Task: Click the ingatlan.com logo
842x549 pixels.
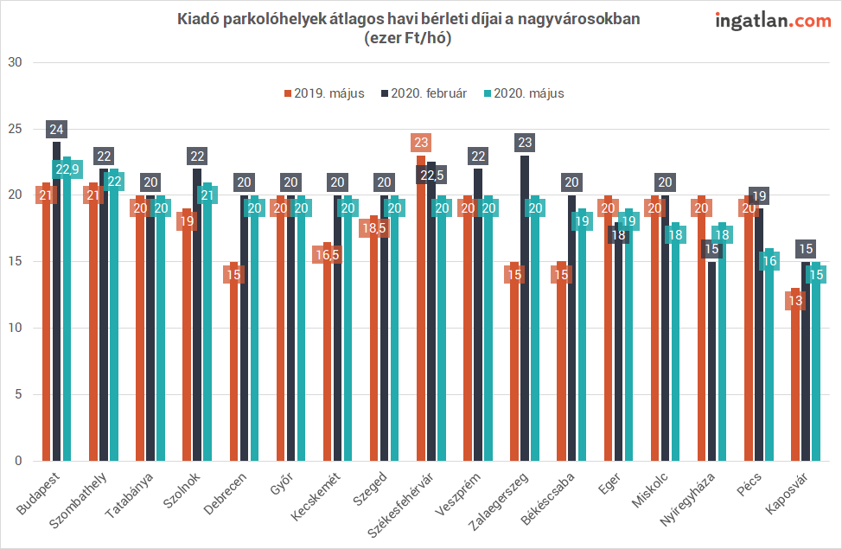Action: [773, 21]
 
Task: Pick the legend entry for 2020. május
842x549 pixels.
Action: [523, 93]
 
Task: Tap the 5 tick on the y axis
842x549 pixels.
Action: [16, 395]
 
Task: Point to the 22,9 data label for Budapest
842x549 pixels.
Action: [66, 169]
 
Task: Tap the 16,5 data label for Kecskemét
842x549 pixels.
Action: [328, 255]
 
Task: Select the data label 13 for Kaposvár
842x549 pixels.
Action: [795, 301]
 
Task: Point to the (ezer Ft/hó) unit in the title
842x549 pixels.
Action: [409, 37]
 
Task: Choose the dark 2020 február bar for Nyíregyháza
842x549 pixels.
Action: [711, 363]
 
